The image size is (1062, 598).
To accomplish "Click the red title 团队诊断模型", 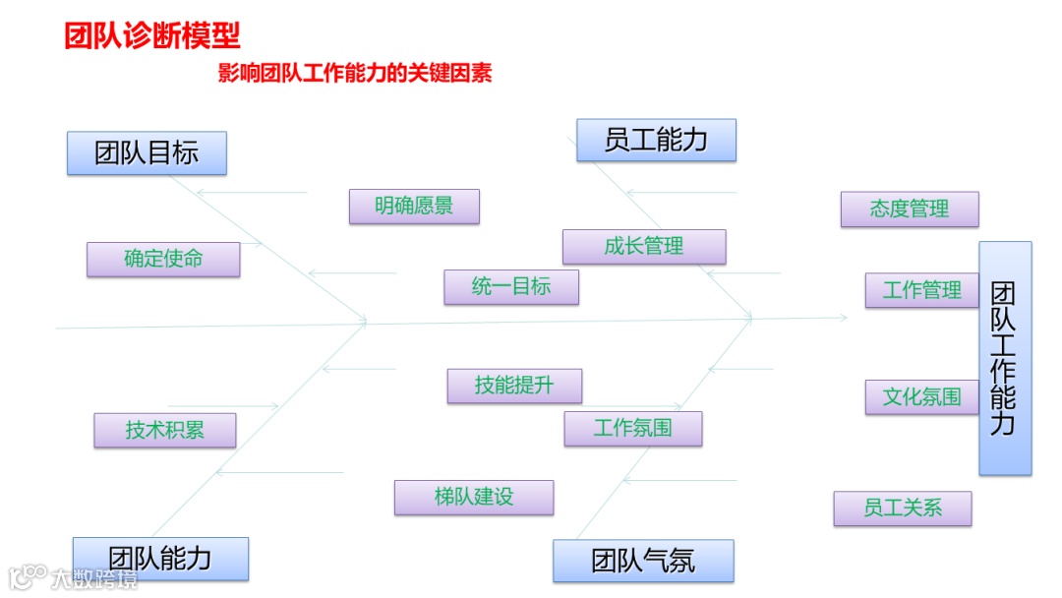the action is click(x=152, y=36).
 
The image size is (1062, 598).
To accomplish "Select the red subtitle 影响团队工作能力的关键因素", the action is click(x=354, y=74).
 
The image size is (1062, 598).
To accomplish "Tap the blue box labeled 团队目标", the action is click(x=147, y=153).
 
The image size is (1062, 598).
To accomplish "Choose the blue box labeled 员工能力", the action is click(x=656, y=140).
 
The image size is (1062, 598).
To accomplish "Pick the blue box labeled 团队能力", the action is click(x=160, y=559).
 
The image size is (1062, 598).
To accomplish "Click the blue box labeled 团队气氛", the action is click(x=643, y=561).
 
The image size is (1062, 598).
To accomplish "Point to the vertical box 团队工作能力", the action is click(x=1005, y=358).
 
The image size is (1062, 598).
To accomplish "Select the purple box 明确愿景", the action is click(x=414, y=207).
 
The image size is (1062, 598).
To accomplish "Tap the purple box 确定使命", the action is click(x=163, y=259).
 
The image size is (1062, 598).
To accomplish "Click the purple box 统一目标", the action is click(x=511, y=287).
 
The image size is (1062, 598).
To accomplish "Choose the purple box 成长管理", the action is click(x=644, y=247).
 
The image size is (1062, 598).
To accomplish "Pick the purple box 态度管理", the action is click(x=910, y=209).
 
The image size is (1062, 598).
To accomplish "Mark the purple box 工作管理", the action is click(x=922, y=290).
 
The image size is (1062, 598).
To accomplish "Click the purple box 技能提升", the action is click(x=514, y=386).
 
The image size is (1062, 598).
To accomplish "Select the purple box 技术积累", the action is click(x=165, y=430).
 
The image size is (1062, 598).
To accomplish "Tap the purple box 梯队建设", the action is click(x=474, y=498).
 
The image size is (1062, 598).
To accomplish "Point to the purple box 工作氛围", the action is click(x=633, y=429).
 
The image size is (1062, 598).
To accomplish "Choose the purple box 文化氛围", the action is click(x=922, y=396).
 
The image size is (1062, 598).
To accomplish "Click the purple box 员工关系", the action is click(x=903, y=508).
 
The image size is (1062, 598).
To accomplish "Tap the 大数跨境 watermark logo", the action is click(x=74, y=577).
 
